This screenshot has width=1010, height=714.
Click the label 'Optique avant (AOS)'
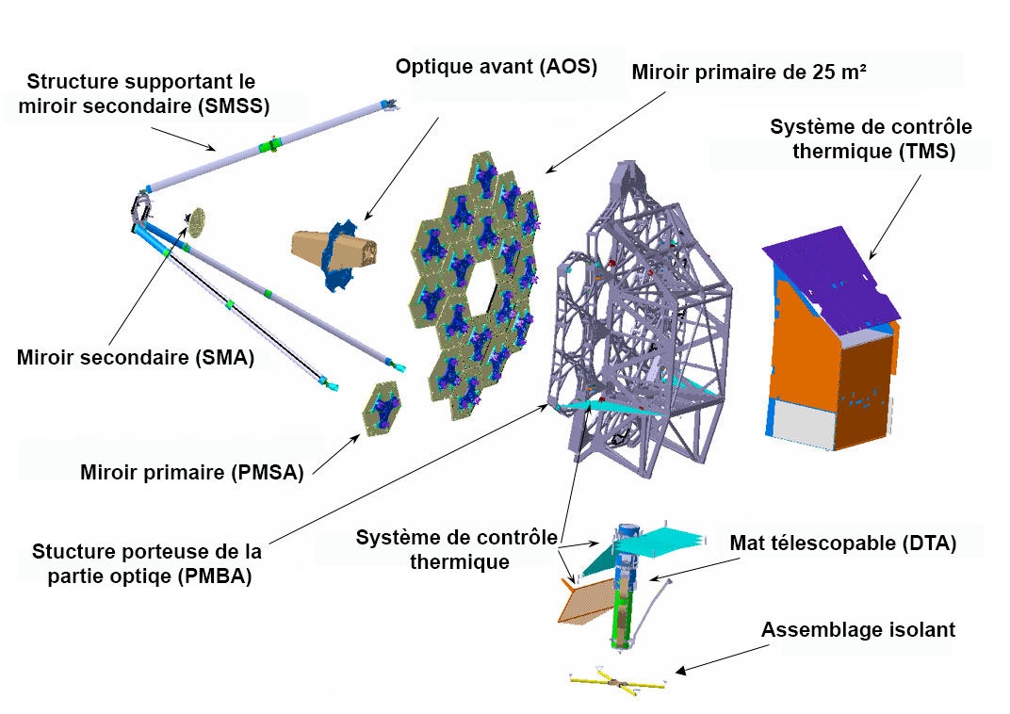[497, 68]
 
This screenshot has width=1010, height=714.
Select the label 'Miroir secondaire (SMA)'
[136, 358]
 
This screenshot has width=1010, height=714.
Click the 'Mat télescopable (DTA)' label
[843, 544]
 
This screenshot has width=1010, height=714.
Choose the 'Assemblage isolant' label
[858, 629]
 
